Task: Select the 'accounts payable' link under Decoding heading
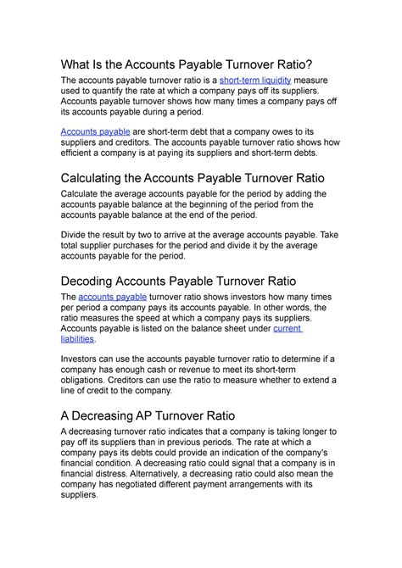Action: click(x=113, y=297)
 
